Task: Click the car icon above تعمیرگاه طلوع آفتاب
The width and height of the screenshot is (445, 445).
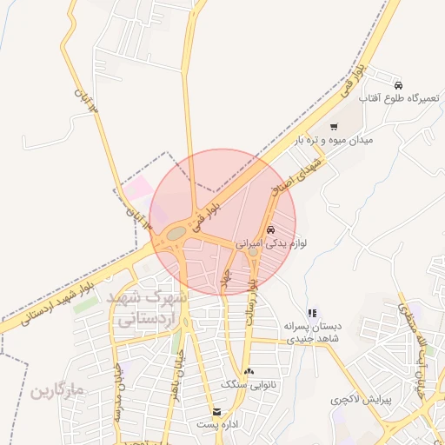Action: click(398, 85)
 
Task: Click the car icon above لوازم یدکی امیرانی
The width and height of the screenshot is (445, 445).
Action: click(272, 230)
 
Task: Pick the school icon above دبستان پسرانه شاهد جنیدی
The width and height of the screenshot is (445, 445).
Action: click(312, 313)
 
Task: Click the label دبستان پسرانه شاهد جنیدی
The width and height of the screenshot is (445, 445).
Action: click(312, 332)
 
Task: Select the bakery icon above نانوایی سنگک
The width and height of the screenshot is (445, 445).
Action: click(249, 371)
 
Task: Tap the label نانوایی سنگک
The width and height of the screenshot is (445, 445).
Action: click(249, 383)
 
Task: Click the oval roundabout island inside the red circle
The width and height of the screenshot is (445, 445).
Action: click(176, 233)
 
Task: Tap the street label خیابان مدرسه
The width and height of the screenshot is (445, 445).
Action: click(119, 391)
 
